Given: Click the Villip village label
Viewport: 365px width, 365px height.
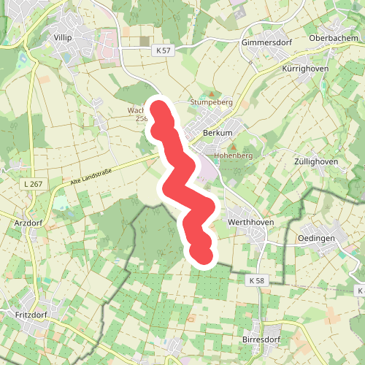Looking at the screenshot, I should [x=64, y=36].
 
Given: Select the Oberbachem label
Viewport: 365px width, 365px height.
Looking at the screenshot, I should [x=332, y=39].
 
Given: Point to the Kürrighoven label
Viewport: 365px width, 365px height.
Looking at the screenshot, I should [x=305, y=68].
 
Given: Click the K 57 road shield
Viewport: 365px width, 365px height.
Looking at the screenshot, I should [x=164, y=50].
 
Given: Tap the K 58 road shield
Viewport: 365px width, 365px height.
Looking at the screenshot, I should [x=255, y=280].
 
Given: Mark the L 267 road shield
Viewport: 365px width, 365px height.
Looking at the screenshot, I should [x=33, y=183].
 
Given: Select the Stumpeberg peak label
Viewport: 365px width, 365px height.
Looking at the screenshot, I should [x=211, y=103].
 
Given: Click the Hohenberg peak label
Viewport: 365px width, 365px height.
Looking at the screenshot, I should [x=233, y=156].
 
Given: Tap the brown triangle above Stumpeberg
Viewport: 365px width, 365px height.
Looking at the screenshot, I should [x=212, y=94].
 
